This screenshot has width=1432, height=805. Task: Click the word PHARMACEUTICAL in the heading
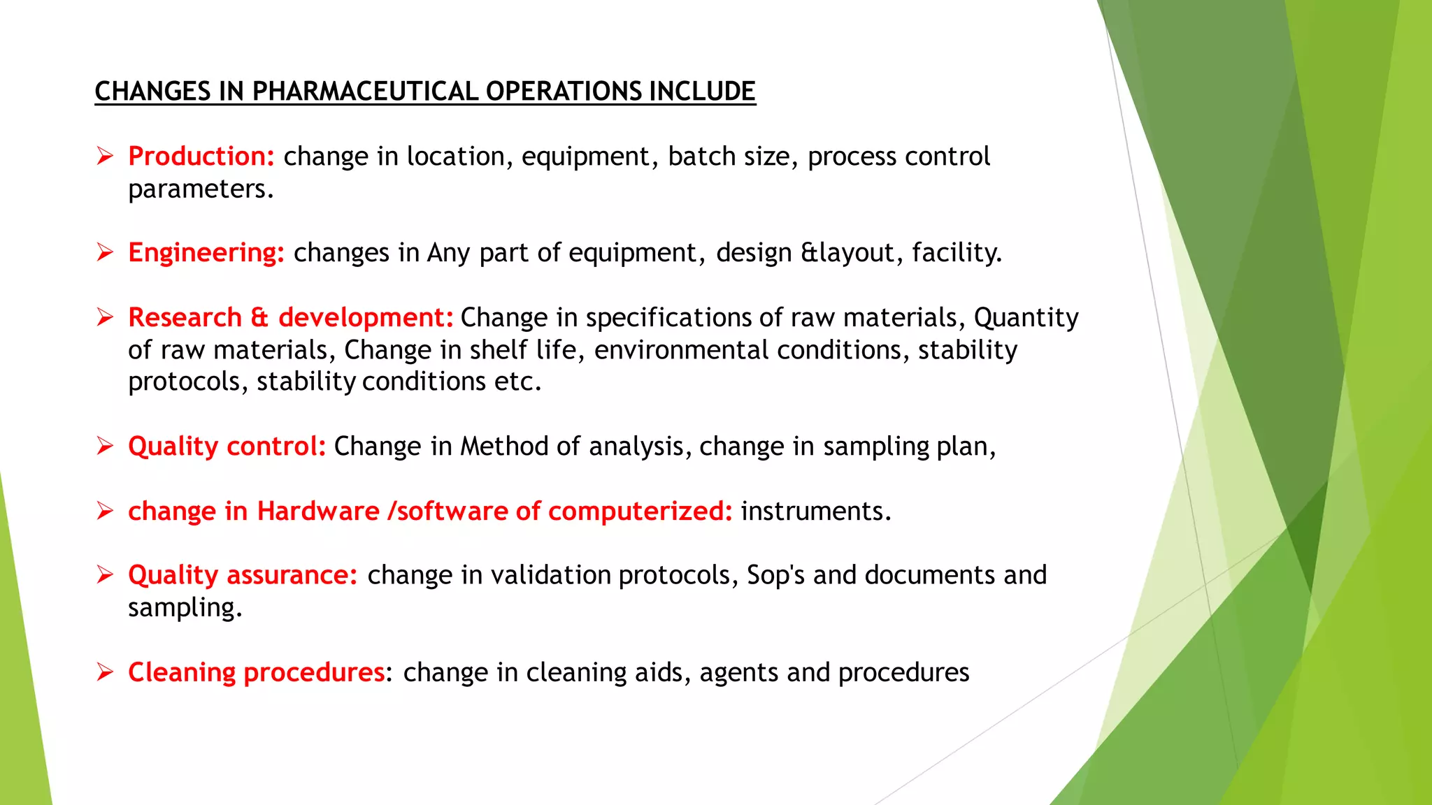pos(365,92)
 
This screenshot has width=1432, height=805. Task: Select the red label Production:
pos(201,157)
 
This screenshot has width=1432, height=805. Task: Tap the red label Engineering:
pos(206,253)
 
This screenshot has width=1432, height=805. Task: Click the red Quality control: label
pos(227,447)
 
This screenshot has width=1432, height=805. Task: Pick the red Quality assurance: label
pos(243,575)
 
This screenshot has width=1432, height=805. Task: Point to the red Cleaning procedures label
pos(256,672)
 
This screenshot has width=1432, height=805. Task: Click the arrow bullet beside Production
pos(105,157)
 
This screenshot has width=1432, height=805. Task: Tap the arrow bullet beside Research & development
pos(105,318)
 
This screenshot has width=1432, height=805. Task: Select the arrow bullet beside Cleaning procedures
pos(105,672)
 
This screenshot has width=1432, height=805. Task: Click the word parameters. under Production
pos(201,189)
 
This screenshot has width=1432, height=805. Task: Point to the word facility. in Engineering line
pos(957,253)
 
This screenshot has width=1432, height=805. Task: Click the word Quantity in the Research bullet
pos(1026,318)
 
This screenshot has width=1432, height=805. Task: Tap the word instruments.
pos(816,512)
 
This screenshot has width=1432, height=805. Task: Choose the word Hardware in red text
pos(318,512)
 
